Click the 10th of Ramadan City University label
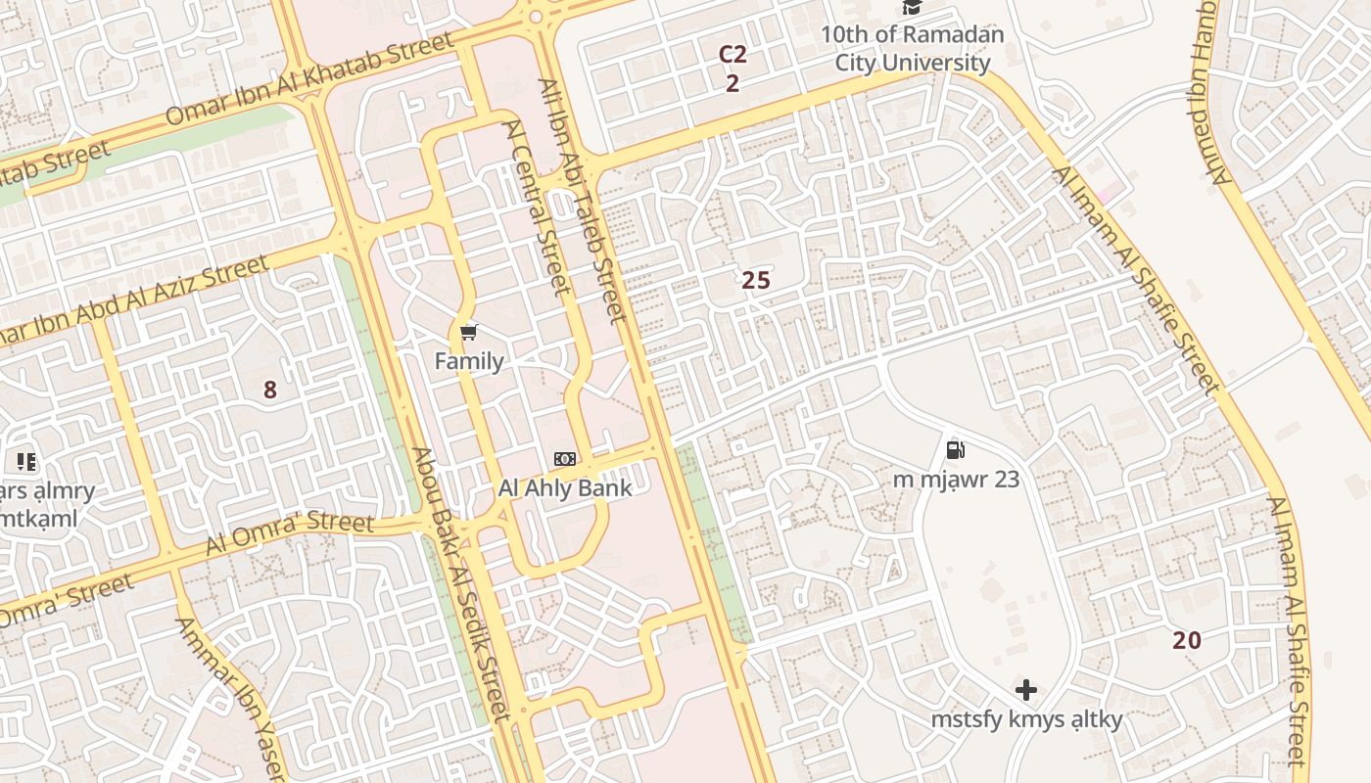(x=912, y=49)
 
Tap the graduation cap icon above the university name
(x=913, y=8)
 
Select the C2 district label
(x=733, y=54)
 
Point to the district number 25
(x=756, y=281)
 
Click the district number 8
(x=270, y=391)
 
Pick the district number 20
(x=1187, y=641)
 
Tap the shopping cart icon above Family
(x=469, y=333)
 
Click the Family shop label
(x=469, y=361)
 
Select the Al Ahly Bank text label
(x=565, y=487)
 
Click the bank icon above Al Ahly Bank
(x=565, y=458)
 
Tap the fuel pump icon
(x=956, y=449)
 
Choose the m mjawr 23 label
(x=956, y=480)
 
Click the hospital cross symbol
(x=1026, y=690)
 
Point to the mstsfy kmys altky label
(x=1026, y=720)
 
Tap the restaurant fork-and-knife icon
(x=25, y=461)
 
